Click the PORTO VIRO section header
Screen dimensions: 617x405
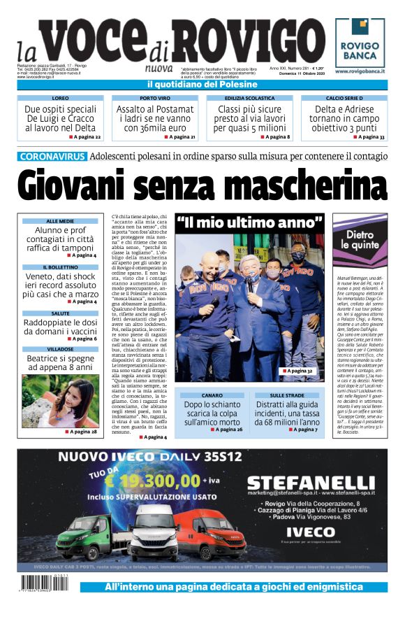[x=154, y=99]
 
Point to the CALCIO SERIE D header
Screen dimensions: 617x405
[x=344, y=99]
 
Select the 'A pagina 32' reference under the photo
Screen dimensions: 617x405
[x=297, y=371]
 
